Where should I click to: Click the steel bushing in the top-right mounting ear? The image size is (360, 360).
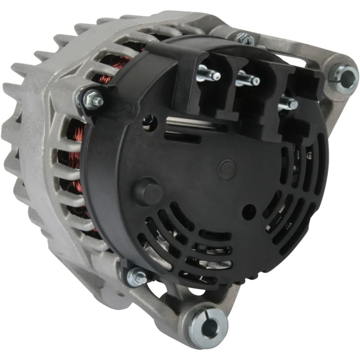(x=344, y=78)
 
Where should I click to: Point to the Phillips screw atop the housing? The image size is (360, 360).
(x=245, y=39)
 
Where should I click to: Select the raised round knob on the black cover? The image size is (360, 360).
(x=148, y=192)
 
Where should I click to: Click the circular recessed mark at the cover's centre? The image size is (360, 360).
(x=227, y=169)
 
